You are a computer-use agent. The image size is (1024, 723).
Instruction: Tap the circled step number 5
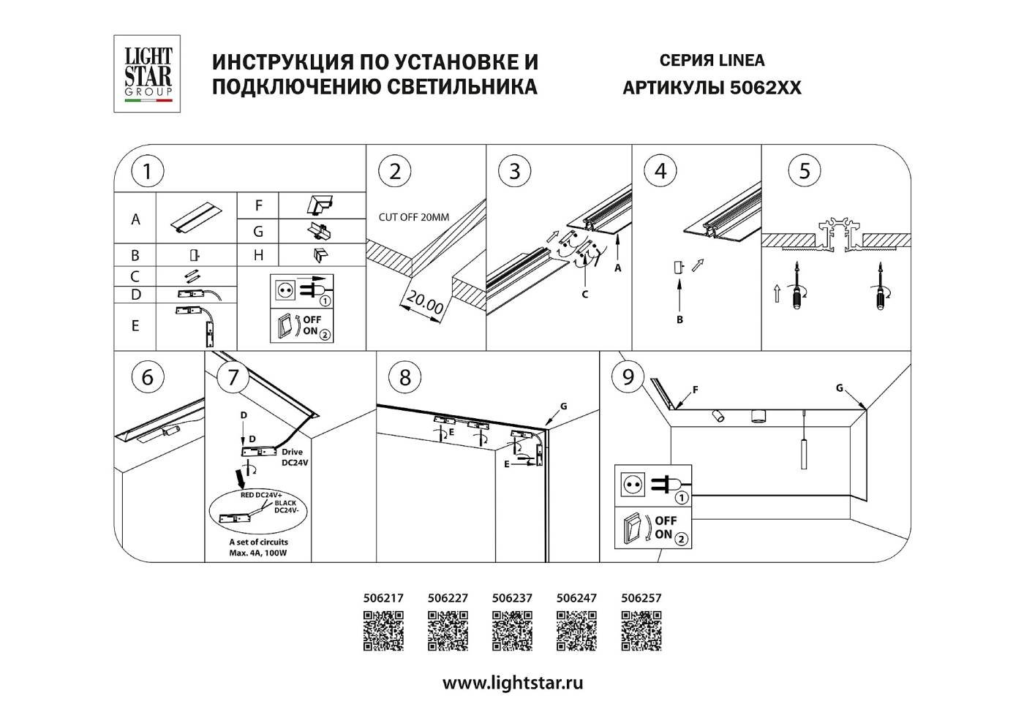coord(805,171)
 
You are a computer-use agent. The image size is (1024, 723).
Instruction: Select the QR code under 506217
coord(383,630)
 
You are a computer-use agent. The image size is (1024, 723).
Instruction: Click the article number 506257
coord(641,597)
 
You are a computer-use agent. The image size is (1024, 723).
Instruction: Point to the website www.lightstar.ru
coord(513,684)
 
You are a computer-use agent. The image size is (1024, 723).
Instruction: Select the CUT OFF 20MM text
coord(413,217)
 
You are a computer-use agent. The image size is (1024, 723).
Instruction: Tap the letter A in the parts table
coord(135,219)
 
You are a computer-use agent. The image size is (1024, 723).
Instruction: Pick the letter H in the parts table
coord(258,255)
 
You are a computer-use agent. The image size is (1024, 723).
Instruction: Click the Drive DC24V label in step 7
coord(295,457)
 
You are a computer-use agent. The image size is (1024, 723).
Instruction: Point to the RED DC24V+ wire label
coord(261,495)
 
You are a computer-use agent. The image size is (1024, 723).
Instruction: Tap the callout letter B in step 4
coord(679,319)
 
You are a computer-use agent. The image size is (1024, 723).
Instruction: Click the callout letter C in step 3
coord(584,295)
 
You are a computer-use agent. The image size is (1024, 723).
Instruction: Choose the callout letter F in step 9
coord(695,390)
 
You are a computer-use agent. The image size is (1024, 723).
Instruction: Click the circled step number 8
coord(404,377)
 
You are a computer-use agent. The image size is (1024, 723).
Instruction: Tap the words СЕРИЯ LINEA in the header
coord(712,61)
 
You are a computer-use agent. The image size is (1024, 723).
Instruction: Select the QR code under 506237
coord(512,630)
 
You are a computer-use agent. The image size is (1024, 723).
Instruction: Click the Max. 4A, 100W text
coord(258,553)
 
